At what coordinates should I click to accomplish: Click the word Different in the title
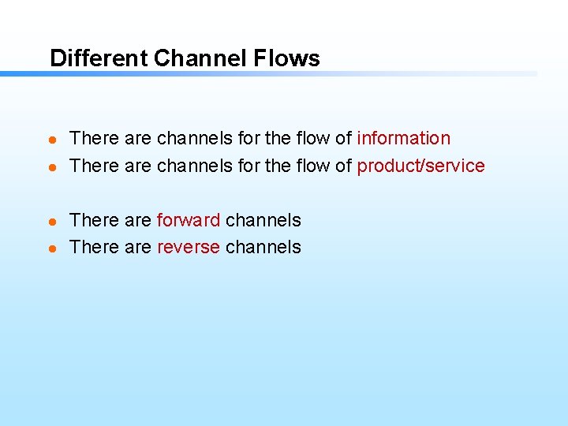99,58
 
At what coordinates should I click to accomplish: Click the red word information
403,138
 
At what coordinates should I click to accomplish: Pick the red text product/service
420,166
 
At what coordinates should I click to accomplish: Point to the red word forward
189,220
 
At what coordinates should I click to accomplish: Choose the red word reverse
189,247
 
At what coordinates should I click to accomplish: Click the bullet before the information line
52,140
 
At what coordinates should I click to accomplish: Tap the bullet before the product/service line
52,167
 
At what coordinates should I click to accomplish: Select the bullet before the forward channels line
52,222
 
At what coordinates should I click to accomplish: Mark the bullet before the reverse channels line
52,248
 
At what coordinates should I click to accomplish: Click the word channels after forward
263,220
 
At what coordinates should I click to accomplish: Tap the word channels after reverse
263,247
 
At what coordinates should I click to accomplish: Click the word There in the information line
94,138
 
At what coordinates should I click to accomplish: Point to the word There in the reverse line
94,247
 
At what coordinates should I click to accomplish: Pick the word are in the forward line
137,220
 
